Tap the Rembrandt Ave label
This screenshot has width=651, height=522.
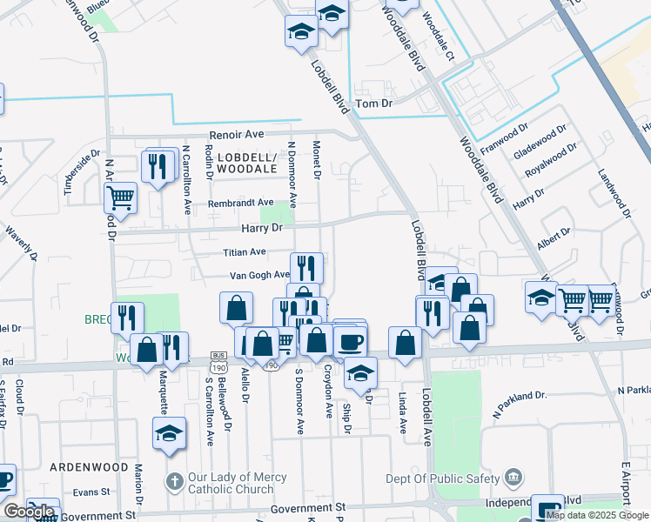[240, 203]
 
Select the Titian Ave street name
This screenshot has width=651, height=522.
[245, 251]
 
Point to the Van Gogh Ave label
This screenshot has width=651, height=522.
[258, 275]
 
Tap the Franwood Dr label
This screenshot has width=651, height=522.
[528, 137]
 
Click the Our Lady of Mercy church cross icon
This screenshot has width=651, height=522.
[174, 481]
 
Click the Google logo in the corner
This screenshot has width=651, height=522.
[29, 512]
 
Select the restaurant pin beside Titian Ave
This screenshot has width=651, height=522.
[306, 266]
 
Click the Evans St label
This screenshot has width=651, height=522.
[91, 492]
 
